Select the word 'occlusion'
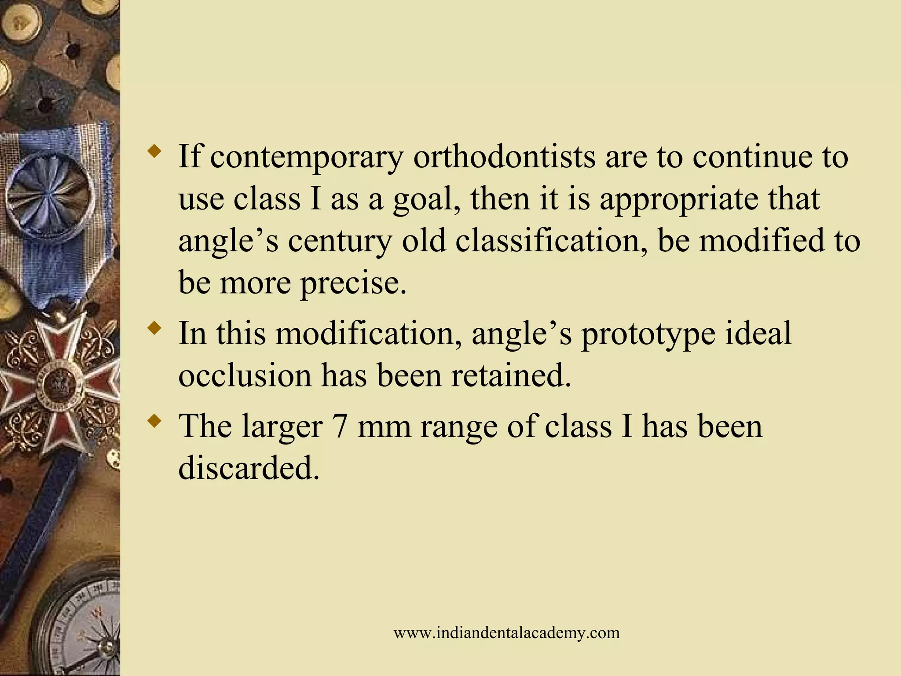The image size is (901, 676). tap(245, 375)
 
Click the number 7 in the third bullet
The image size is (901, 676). tap(340, 426)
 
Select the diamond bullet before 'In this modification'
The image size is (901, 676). tap(154, 328)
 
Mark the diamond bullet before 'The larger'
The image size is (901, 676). tap(154, 422)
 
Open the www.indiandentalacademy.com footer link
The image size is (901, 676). tap(506, 633)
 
